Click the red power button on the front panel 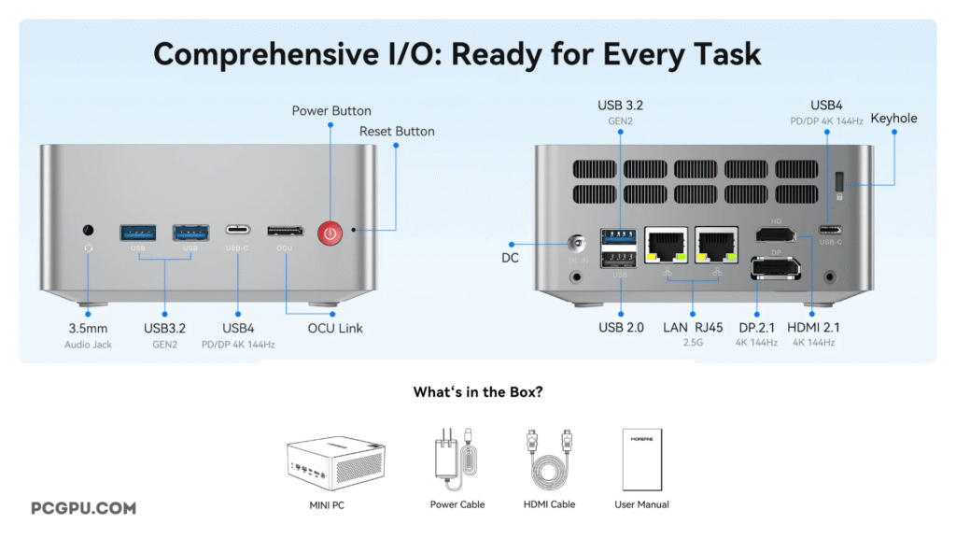329,232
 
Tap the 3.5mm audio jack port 89,229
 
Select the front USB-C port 237,230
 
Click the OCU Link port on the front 285,231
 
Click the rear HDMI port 776,233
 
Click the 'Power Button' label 331,111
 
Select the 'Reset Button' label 397,132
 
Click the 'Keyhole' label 893,119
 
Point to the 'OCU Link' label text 335,328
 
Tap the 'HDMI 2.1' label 813,328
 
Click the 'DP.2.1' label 756,328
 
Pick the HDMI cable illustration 549,459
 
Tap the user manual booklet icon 641,460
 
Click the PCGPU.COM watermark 83,508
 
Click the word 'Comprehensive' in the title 255,53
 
